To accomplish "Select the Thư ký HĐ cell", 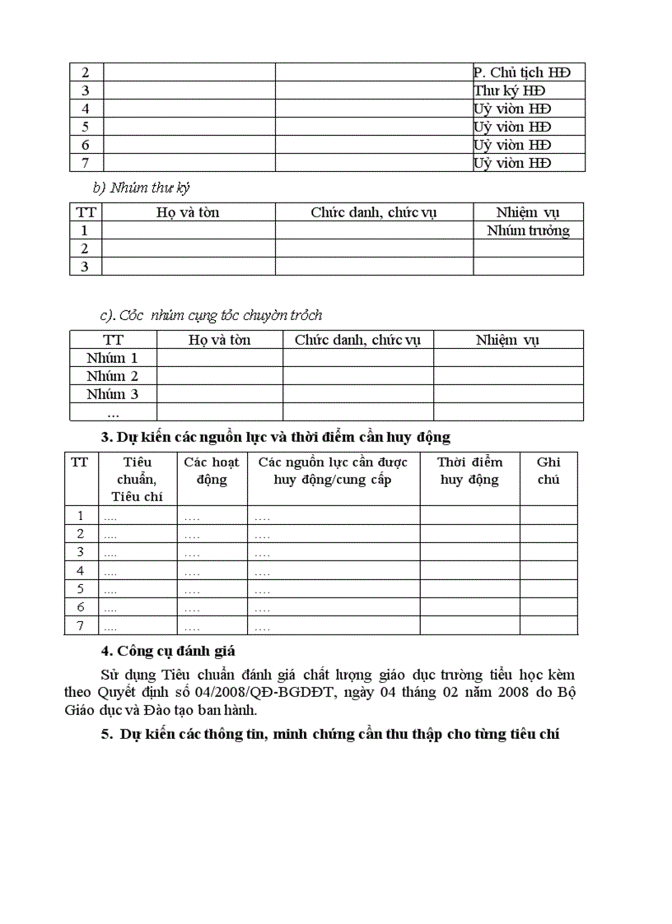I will [x=510, y=91].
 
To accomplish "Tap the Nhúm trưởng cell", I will [x=528, y=230].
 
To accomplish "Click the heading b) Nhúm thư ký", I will [x=142, y=188].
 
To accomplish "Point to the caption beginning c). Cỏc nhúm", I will [x=211, y=315].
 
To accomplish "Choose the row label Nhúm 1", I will [x=112, y=358].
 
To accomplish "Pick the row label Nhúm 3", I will [x=112, y=394].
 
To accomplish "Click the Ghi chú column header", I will [x=548, y=471].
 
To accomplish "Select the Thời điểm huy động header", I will [x=469, y=471].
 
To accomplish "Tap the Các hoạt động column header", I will [x=212, y=471].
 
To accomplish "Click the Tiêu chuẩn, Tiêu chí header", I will [x=138, y=479].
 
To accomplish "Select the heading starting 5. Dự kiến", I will [x=330, y=734].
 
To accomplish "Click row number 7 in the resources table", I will [x=81, y=626].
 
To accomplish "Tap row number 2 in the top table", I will [x=86, y=72].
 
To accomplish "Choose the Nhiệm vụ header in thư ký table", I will [x=528, y=212].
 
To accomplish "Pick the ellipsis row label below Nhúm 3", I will [x=113, y=412].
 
